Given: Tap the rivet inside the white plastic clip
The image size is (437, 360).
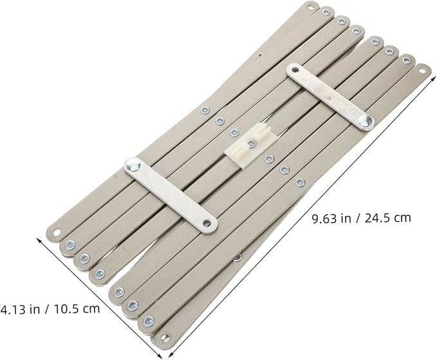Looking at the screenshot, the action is pyautogui.click(x=252, y=143).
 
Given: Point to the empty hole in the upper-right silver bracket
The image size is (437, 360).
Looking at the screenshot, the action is pyautogui.click(x=295, y=69).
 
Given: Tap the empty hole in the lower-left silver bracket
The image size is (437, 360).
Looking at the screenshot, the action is pyautogui.click(x=207, y=223).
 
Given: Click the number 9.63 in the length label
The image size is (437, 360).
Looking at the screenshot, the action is pyautogui.click(x=324, y=219).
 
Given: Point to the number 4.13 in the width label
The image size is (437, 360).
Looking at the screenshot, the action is pyautogui.click(x=12, y=309).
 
